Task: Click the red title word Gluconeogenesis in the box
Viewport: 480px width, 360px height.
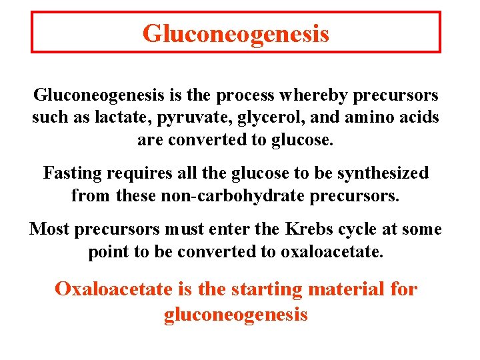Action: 235,33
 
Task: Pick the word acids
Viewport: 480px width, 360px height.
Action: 417,118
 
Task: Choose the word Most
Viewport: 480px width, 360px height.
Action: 49,229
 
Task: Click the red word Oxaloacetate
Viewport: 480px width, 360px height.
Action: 115,289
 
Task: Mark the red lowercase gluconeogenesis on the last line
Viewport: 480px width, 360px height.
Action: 235,315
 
